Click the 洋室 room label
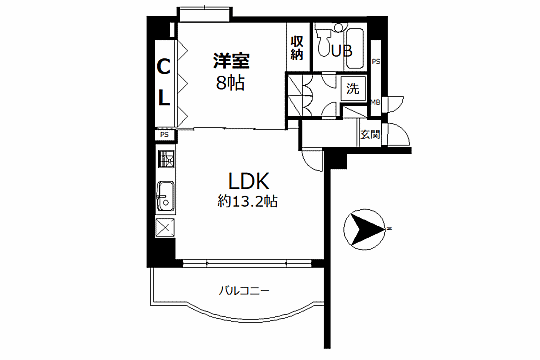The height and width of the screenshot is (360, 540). pyautogui.click(x=229, y=61)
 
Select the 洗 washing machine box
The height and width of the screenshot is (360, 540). pyautogui.click(x=352, y=88)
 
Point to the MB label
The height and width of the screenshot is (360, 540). pyautogui.click(x=375, y=102)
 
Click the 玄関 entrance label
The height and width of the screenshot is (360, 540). pyautogui.click(x=369, y=134)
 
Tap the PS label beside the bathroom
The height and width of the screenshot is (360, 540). pyautogui.click(x=375, y=63)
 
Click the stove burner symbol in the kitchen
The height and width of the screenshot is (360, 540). pyautogui.click(x=167, y=159)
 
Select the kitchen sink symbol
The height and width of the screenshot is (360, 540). pyautogui.click(x=166, y=195)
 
